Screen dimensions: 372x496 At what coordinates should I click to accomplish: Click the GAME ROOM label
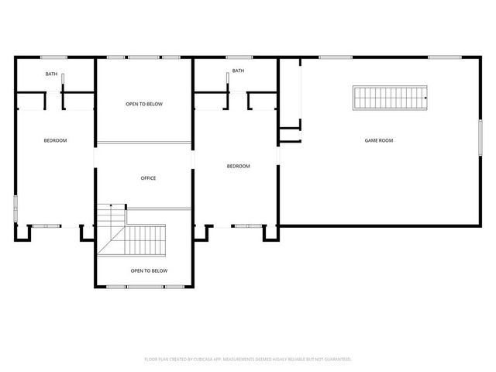[x=380, y=140]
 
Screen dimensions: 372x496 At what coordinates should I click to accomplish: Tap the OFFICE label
[x=148, y=178]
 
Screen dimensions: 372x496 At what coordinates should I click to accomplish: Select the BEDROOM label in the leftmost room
[x=55, y=140]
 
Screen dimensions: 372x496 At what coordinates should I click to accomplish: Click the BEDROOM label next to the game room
[x=238, y=166]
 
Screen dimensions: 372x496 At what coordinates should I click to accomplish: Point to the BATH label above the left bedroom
[x=51, y=74]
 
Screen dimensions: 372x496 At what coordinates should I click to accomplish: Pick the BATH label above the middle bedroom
[x=238, y=71]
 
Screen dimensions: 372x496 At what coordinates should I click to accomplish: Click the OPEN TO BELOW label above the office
[x=144, y=104]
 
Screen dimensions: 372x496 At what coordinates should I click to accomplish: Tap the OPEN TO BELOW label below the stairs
[x=149, y=270]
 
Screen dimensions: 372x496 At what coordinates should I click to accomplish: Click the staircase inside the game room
[x=391, y=98]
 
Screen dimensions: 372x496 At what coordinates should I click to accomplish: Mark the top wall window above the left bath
[x=53, y=57]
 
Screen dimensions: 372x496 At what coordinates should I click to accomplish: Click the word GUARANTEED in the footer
[x=336, y=360]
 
